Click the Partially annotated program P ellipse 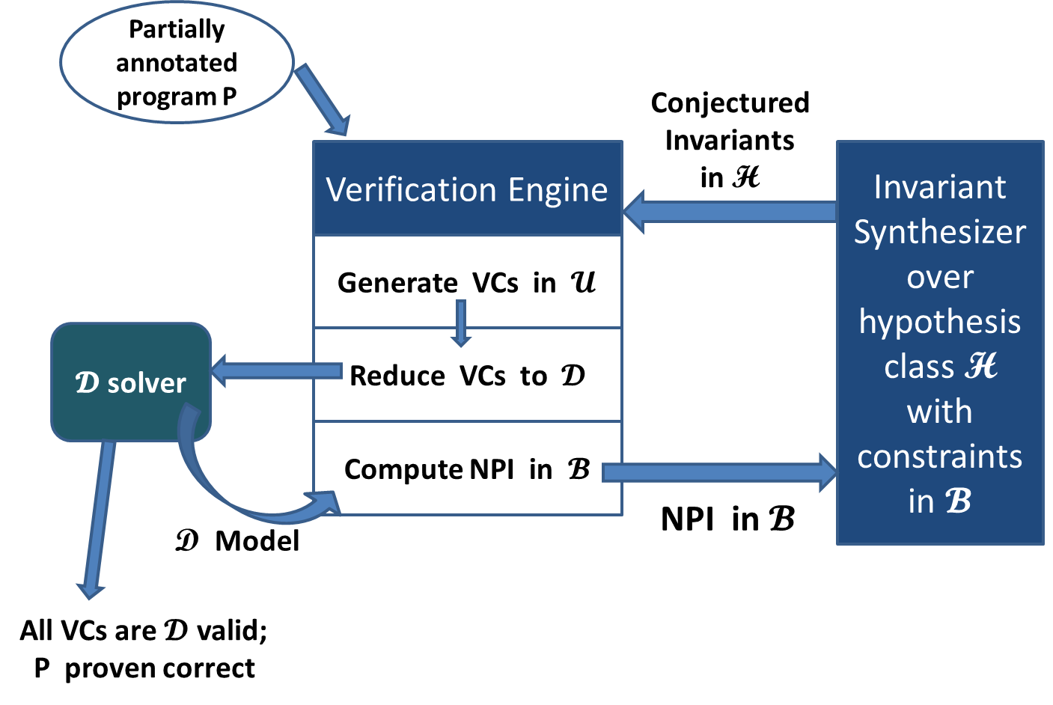point(177,63)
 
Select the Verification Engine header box point(468,189)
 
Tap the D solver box point(131,382)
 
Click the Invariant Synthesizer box point(940,343)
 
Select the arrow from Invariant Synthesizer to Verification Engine point(730,212)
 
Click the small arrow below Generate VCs point(461,323)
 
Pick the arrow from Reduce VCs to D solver point(276,370)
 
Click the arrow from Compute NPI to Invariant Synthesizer point(719,472)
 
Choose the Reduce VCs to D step point(467,376)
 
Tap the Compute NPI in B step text point(467,469)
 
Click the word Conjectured point(730,104)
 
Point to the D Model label point(237,540)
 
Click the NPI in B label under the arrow point(727,519)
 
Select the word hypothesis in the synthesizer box point(940,323)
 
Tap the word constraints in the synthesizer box point(940,457)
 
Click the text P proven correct point(144,668)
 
